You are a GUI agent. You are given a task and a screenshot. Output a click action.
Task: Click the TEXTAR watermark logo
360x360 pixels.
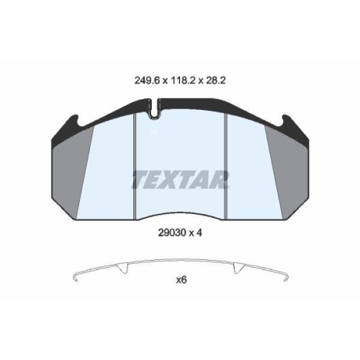click(x=180, y=179)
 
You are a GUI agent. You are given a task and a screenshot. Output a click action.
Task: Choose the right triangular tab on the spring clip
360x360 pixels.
click(x=237, y=269)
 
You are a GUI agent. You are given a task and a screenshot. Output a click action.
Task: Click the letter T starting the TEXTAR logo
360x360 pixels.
click(x=137, y=179)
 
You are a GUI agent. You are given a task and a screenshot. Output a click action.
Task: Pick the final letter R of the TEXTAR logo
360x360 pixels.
click(x=222, y=179)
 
